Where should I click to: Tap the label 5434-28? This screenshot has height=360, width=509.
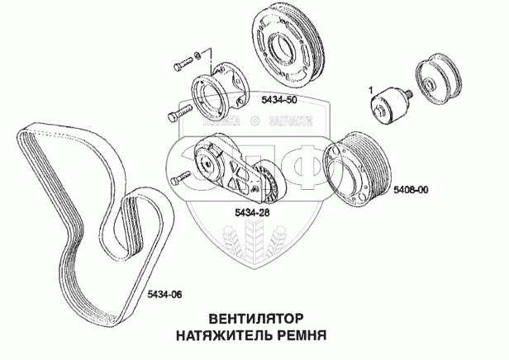pos(253,213)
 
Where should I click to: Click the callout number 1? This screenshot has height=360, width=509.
pos(372,88)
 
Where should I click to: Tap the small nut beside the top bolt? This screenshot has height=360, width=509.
pos(197,57)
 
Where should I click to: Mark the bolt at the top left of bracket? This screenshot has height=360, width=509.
pos(181,64)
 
